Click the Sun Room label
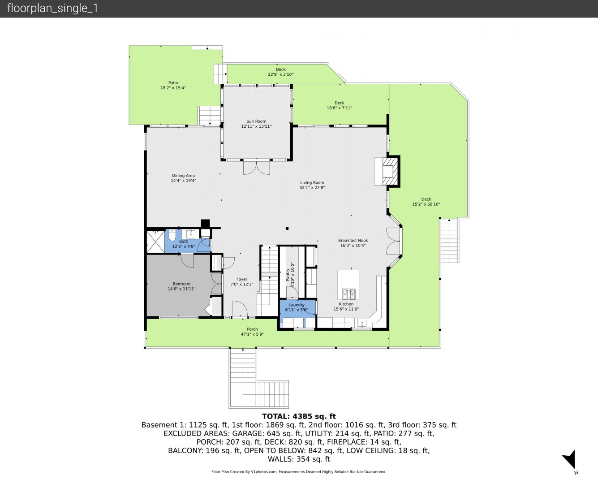tap(256, 121)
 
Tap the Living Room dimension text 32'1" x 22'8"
tap(312, 188)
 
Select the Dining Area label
tap(183, 176)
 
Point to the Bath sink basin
tap(191, 233)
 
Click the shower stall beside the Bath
tap(155, 242)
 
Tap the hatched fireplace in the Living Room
tap(390, 171)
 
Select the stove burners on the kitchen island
tap(348, 294)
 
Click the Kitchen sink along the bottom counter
tap(362, 323)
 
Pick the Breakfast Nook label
tap(353, 241)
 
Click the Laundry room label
tap(297, 305)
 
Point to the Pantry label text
tap(288, 275)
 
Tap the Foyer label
tap(242, 279)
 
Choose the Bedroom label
tap(181, 284)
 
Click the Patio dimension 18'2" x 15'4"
tap(173, 88)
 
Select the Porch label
tap(252, 329)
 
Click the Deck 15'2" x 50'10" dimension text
tap(426, 204)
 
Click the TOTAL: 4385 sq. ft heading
tap(299, 416)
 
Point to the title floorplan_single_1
tap(52, 9)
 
